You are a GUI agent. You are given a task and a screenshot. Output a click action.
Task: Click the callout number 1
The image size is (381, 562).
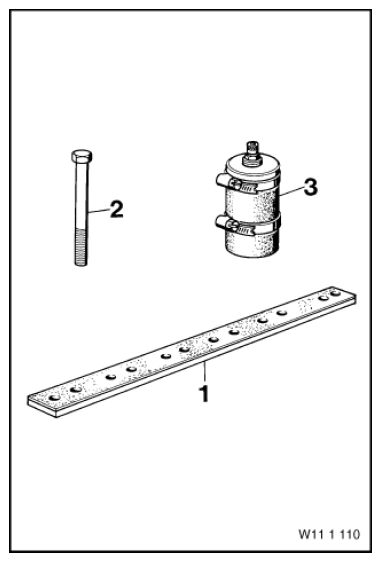pyautogui.click(x=204, y=394)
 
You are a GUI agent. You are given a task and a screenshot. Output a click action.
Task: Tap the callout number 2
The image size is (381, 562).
pyautogui.click(x=116, y=209)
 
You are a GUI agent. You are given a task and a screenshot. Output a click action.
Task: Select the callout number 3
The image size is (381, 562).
pyautogui.click(x=310, y=187)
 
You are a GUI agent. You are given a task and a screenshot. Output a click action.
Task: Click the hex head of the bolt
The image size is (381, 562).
pyautogui.click(x=82, y=156)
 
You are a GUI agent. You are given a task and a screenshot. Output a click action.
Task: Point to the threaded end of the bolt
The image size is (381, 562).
pyautogui.click(x=81, y=247)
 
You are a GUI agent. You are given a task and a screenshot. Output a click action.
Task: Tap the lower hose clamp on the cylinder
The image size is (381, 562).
pyautogui.click(x=247, y=225)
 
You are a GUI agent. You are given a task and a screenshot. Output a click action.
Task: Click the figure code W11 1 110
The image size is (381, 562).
pyautogui.click(x=329, y=534)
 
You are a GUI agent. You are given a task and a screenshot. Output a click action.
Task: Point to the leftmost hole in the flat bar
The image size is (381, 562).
pyautogui.click(x=54, y=398)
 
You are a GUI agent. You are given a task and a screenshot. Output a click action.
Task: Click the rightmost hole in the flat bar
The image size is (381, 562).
pyautogui.click(x=335, y=293)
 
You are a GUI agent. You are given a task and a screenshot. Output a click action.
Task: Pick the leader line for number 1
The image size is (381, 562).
pyautogui.click(x=205, y=372)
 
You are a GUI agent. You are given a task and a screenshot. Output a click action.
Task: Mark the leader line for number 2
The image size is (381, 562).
pyautogui.click(x=98, y=211)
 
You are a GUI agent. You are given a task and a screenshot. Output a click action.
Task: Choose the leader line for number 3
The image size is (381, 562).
pyautogui.click(x=290, y=190)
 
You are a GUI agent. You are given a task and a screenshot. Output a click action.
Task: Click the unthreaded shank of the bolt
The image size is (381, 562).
pyautogui.click(x=82, y=195)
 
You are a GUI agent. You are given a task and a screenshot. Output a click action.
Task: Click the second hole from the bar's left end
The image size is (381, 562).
pyautogui.click(x=76, y=389)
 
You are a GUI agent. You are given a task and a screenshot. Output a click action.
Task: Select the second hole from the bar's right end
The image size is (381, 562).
pyautogui.click(x=323, y=298)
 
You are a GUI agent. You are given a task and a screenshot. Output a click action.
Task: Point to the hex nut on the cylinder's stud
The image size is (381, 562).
pyautogui.click(x=251, y=159)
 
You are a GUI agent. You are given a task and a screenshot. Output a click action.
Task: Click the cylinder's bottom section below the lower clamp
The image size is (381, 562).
pyautogui.click(x=251, y=246)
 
